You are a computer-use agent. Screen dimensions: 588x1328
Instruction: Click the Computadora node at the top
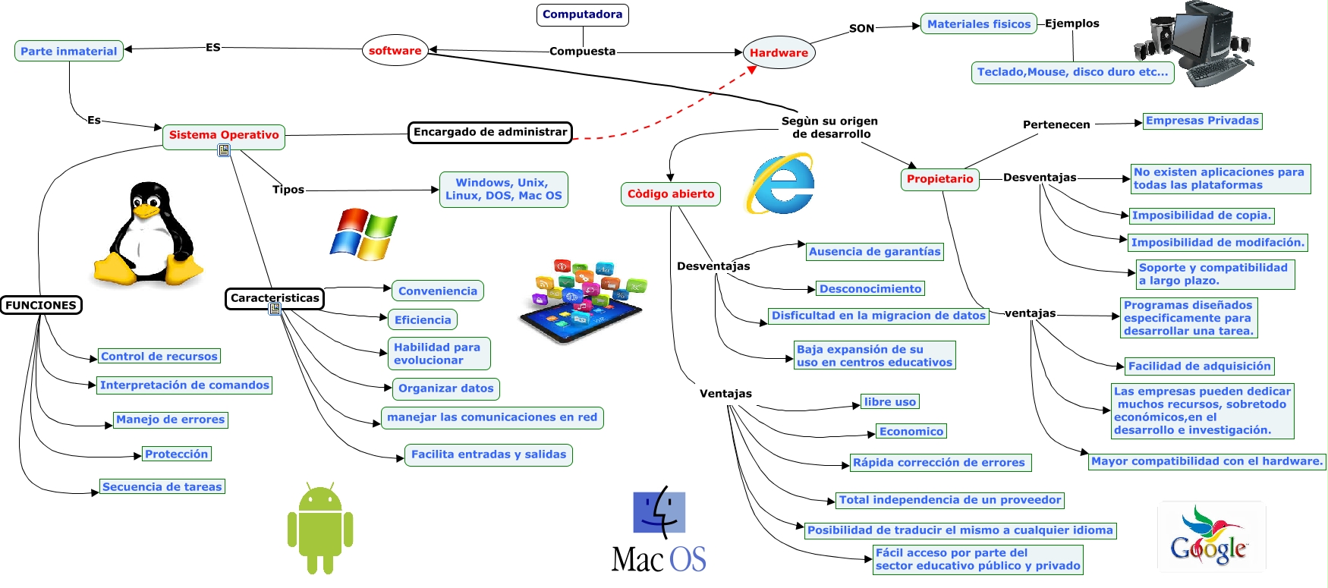(582, 14)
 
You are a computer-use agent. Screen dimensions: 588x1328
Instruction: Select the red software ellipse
(395, 51)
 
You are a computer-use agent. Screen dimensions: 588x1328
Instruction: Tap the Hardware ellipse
(779, 53)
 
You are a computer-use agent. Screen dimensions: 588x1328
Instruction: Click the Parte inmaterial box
(69, 51)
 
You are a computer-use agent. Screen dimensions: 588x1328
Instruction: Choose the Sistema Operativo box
(224, 135)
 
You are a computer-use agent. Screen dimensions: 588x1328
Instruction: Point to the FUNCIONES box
(41, 305)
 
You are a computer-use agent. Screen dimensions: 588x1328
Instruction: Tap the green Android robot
(320, 529)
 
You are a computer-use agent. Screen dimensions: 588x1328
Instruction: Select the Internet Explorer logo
(782, 184)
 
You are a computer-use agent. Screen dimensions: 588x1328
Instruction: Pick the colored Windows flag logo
(363, 234)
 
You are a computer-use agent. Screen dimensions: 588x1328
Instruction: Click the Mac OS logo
(659, 530)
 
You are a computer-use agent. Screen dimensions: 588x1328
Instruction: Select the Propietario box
(939, 179)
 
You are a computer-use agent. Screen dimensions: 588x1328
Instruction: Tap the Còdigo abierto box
(671, 194)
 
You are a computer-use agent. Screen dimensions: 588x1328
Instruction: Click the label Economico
(911, 432)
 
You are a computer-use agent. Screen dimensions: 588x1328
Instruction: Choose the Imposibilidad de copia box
(1201, 215)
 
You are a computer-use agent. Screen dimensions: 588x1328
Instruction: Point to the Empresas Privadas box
(1202, 121)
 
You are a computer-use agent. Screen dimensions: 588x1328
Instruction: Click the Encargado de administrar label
(490, 132)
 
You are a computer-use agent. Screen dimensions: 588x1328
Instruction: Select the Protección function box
(176, 454)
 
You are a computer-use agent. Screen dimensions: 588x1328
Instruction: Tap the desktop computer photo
(1194, 43)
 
